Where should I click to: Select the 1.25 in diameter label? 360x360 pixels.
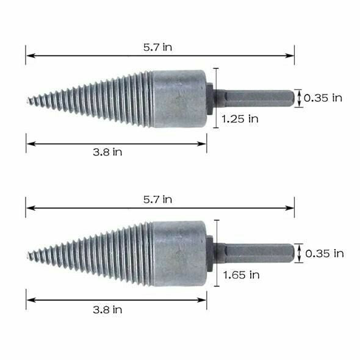coord(240,119)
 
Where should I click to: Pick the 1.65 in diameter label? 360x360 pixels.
coord(241,275)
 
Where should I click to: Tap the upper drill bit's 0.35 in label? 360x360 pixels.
coord(323,98)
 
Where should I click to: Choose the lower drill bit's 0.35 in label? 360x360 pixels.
coord(324,253)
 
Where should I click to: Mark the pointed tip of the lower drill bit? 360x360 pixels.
coord(29,253)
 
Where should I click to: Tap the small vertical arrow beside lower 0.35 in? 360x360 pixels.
coord(298,253)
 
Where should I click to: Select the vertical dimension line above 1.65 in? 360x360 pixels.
coord(214,244)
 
